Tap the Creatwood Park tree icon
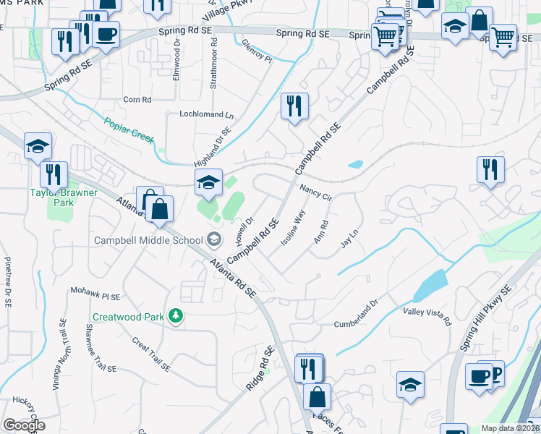tap(174, 315)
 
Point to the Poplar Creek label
tap(128, 131)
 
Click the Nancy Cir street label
tap(315, 192)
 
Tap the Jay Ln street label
tap(349, 239)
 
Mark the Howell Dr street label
tap(242, 231)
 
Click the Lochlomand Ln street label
tap(207, 115)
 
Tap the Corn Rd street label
tap(137, 99)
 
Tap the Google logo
tap(23, 425)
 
